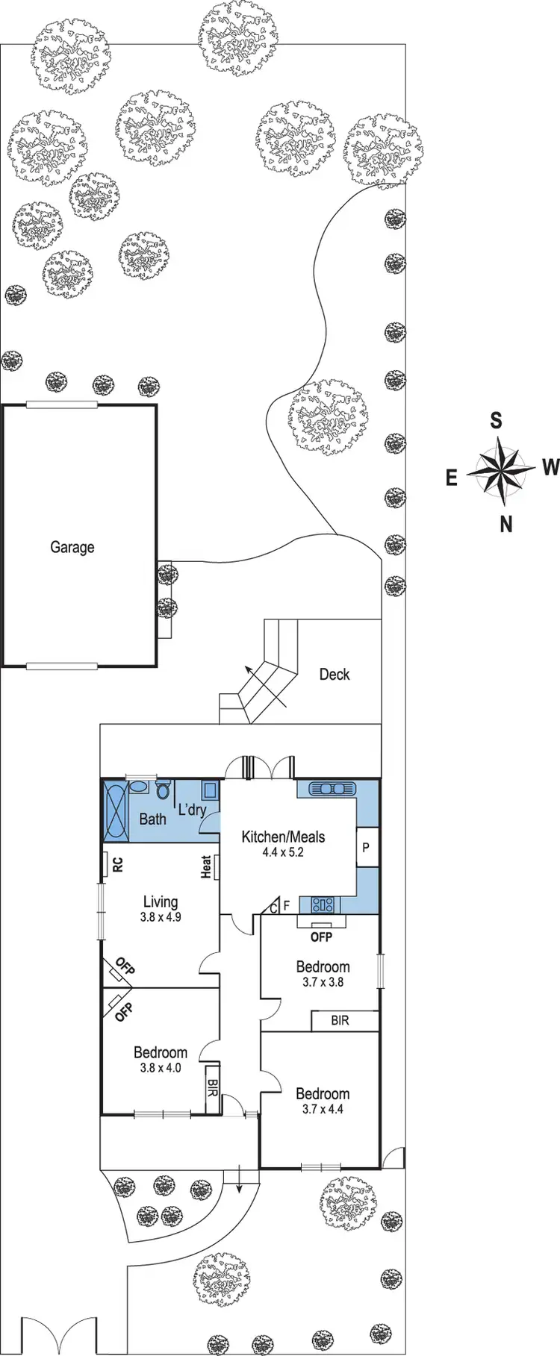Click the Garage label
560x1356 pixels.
click(x=72, y=547)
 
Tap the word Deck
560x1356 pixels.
click(x=334, y=674)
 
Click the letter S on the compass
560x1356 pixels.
click(x=495, y=422)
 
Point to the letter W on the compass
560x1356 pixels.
click(x=550, y=468)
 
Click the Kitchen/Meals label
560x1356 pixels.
click(x=283, y=837)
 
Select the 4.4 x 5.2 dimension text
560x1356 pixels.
click(x=283, y=852)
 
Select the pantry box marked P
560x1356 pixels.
click(x=366, y=848)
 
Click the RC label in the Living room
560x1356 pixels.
click(x=118, y=864)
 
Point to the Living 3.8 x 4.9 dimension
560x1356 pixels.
click(x=160, y=917)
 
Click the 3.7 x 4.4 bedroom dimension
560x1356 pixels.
click(x=323, y=1109)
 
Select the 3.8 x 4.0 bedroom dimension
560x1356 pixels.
click(x=160, y=1067)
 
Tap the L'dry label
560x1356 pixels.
click(x=192, y=809)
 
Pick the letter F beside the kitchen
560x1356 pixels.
click(x=286, y=906)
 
